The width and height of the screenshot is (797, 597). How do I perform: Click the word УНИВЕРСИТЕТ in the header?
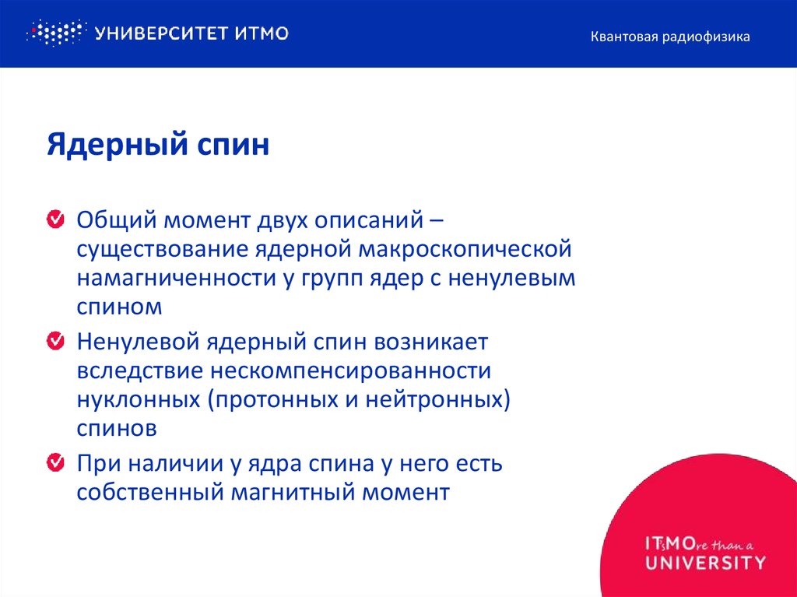tap(161, 33)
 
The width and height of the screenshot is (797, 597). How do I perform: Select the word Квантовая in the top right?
tap(623, 37)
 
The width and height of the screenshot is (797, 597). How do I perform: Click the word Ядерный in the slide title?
tap(104, 146)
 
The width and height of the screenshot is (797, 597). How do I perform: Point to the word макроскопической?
tap(465, 250)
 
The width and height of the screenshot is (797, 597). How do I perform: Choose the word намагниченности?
tap(173, 279)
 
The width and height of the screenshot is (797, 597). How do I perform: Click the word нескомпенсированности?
tap(357, 371)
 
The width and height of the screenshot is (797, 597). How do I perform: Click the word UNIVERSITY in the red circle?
tap(705, 562)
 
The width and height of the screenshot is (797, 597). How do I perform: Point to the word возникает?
tap(431, 342)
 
